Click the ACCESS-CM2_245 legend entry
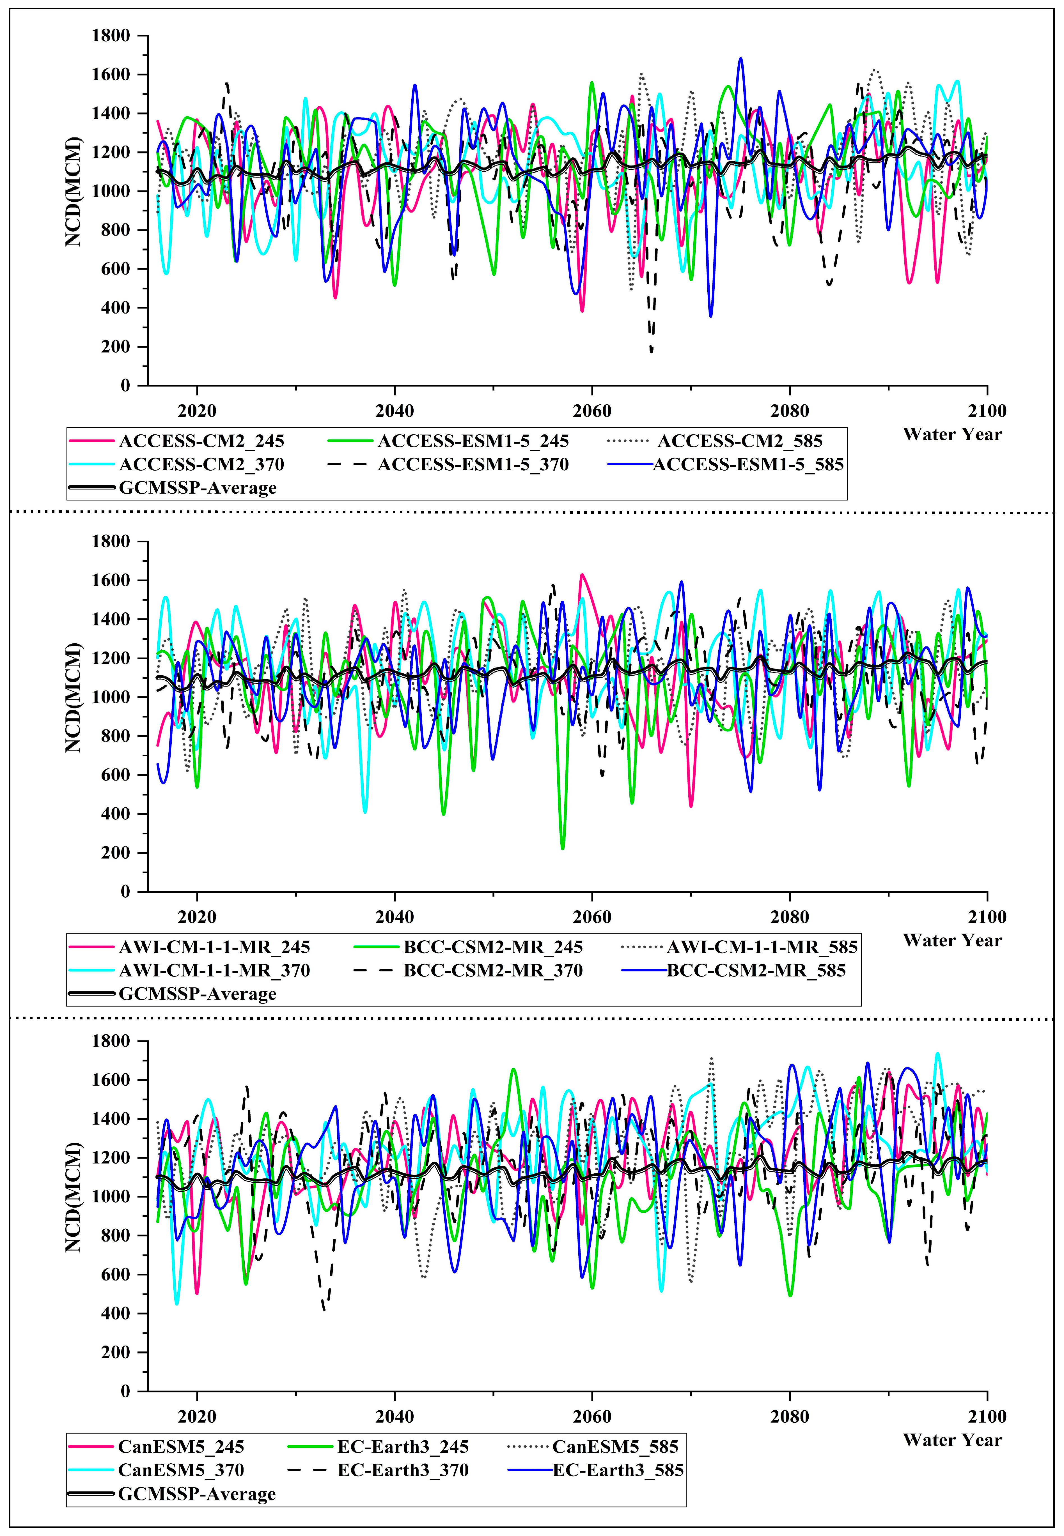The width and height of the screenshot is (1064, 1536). click(x=201, y=441)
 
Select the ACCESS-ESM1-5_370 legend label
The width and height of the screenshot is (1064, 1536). click(x=473, y=464)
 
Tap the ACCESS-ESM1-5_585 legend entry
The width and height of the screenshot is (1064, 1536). click(x=748, y=464)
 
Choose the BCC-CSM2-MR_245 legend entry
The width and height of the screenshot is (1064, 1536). click(x=493, y=947)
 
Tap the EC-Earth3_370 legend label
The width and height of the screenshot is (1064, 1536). click(x=403, y=1470)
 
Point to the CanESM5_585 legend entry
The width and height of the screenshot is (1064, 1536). click(x=615, y=1447)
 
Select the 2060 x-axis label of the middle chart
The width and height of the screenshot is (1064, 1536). click(x=592, y=917)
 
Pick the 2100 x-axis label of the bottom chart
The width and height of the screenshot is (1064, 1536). click(x=987, y=1416)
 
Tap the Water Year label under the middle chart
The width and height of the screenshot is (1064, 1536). click(x=952, y=940)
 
